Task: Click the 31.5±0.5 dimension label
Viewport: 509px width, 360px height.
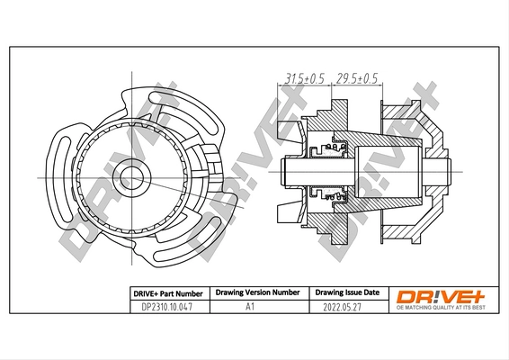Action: click(303, 78)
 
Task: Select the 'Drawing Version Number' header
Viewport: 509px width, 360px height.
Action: click(257, 293)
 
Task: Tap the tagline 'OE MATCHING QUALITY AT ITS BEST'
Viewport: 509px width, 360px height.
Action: click(440, 309)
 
